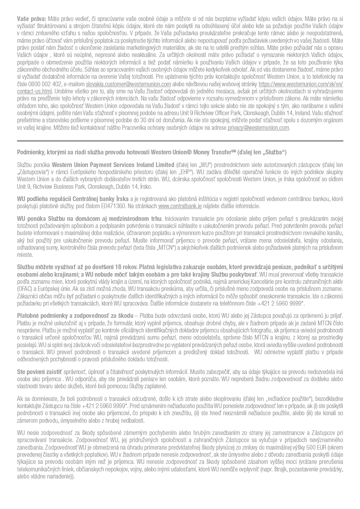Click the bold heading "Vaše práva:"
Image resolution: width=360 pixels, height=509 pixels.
pos(32,19)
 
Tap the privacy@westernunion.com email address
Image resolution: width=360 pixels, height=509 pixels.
pos(258,128)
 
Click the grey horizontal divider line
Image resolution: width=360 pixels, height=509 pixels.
pos(180,141)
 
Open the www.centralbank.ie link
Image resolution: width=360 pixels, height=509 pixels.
pos(180,206)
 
